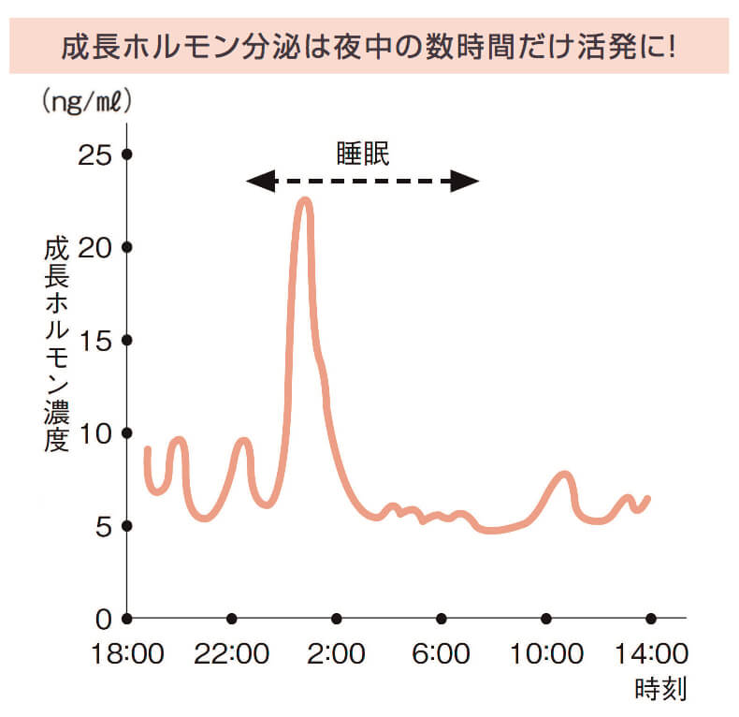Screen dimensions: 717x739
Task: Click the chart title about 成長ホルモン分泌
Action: (369, 45)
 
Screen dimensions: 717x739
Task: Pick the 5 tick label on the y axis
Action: (101, 526)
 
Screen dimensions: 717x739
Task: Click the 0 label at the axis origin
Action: (101, 619)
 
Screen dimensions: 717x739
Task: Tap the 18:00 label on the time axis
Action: (126, 651)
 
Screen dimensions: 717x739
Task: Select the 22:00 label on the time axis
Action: (231, 651)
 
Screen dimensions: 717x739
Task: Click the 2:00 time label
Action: (337, 651)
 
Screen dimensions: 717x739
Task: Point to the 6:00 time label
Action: (442, 651)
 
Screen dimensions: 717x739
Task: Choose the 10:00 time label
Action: (546, 651)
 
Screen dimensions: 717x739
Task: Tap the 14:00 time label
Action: (651, 651)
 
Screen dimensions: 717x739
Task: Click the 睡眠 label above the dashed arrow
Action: (363, 154)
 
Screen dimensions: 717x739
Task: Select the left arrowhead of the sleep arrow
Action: (259, 182)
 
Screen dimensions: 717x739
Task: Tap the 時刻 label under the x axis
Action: (660, 691)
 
